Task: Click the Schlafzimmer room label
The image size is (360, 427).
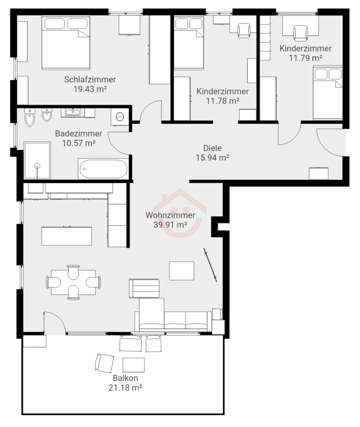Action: coord(90,80)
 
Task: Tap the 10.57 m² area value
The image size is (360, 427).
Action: coord(79,143)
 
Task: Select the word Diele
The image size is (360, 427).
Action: coord(212,148)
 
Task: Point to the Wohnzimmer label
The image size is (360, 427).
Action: coord(170,215)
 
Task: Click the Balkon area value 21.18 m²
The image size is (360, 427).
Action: coord(125,387)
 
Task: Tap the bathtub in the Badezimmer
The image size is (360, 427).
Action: coord(104,169)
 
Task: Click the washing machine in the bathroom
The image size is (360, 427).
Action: coord(120,117)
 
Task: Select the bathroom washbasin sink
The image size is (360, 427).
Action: coord(72,112)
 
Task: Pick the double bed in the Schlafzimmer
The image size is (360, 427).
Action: coord(66,43)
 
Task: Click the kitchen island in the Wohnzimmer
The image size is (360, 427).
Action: coord(67,236)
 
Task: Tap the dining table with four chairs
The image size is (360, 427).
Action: coord(73,282)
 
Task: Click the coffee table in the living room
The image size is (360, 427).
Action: coord(182,271)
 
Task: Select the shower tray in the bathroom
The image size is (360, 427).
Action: coord(37,161)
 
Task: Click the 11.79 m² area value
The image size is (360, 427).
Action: coord(306,58)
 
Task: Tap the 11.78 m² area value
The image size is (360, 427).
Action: coord(223,101)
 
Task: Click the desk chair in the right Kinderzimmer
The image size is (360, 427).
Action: coord(300,32)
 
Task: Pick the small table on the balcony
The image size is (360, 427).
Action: coord(134,365)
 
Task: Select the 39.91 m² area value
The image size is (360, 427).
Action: coord(170,225)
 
